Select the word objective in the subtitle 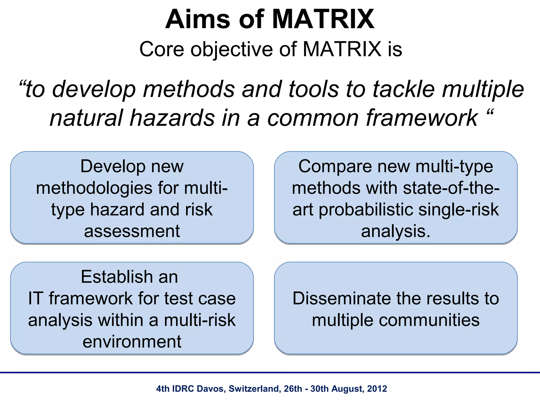pos(232,50)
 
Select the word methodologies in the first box pos(94,188)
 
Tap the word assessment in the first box pos(132,231)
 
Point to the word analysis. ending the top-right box pos(395,231)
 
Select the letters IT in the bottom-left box pos(35,298)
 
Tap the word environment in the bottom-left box pos(132,342)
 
